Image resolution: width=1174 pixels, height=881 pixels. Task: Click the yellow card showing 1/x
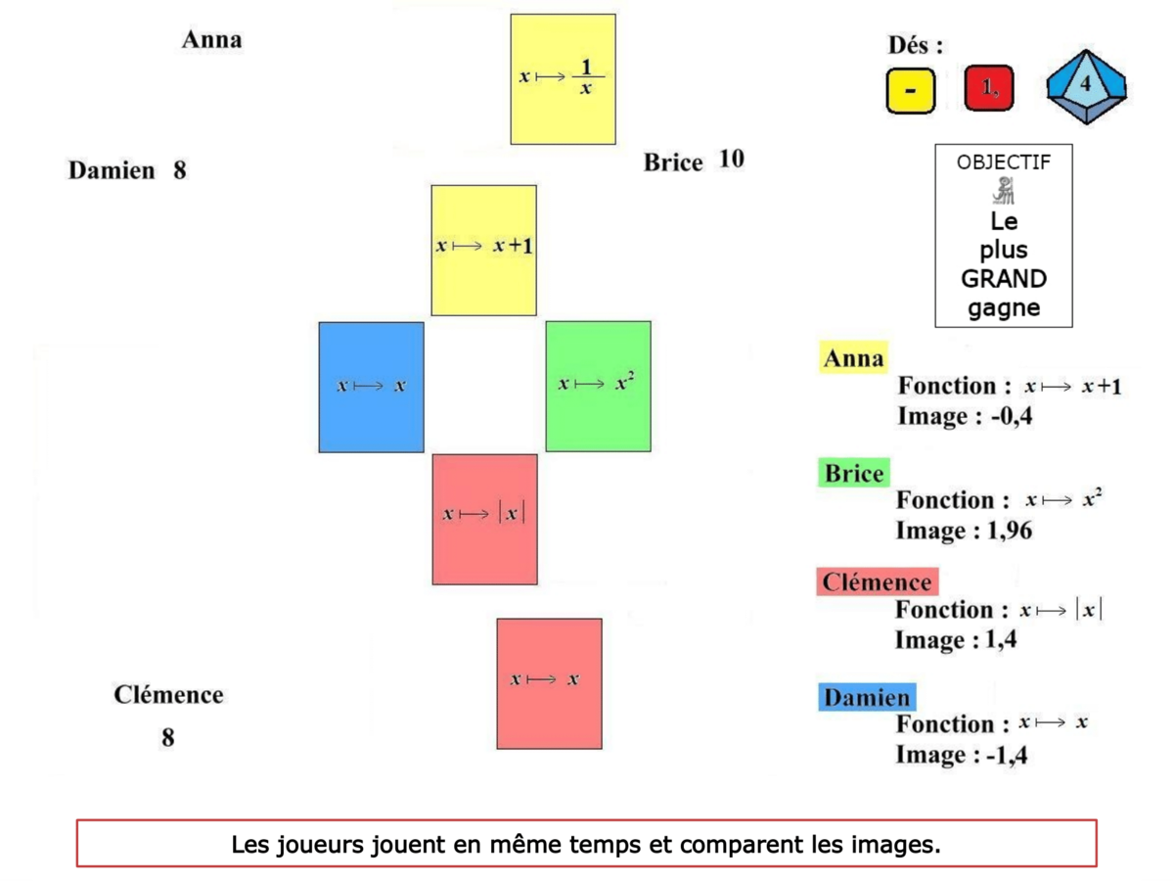[563, 79]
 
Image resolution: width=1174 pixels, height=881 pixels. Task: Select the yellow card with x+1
[483, 250]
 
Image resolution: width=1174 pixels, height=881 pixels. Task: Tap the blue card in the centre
[371, 387]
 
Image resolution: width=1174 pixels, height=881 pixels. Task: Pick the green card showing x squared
[598, 386]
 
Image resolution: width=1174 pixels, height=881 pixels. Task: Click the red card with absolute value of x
[484, 519]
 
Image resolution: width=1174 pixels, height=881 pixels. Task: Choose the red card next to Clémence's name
[549, 683]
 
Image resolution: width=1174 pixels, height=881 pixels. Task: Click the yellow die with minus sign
[911, 90]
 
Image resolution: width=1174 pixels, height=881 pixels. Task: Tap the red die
[988, 89]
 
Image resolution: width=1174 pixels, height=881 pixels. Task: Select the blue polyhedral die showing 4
[1085, 87]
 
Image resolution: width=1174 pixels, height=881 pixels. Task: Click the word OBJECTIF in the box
[1003, 162]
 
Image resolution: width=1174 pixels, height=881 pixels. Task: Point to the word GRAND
[1003, 279]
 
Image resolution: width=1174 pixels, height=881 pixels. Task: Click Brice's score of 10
[731, 159]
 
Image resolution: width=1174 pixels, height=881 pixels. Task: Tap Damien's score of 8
[180, 170]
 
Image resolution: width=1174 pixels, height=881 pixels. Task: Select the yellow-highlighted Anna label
[853, 358]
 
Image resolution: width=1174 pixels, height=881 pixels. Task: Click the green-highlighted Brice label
[853, 474]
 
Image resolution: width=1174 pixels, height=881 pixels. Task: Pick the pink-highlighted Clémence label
[876, 582]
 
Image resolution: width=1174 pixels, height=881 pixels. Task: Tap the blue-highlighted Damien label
[866, 698]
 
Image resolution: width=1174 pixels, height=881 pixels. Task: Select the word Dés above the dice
[915, 45]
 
